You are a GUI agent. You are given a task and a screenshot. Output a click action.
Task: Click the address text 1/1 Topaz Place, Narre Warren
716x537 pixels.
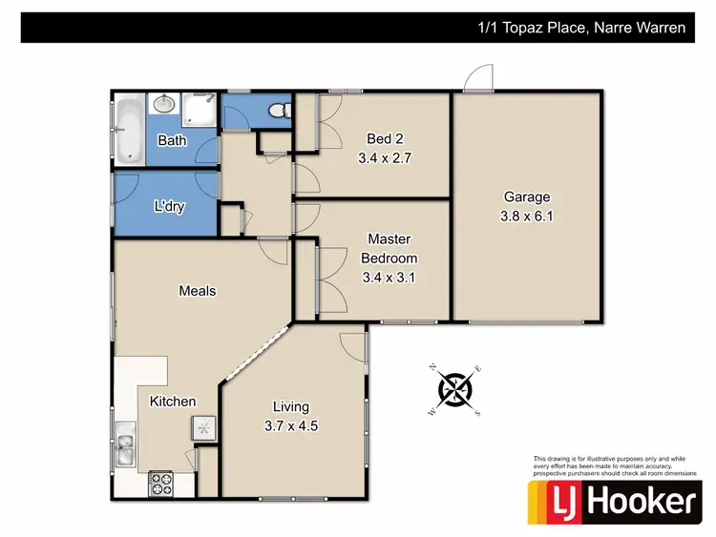pos(581,28)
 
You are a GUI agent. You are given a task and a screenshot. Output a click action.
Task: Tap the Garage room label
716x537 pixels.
pos(527,197)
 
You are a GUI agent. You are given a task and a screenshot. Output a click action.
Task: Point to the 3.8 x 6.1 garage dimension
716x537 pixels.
pos(527,216)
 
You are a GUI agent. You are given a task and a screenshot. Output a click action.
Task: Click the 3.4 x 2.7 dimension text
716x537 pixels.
pos(384,158)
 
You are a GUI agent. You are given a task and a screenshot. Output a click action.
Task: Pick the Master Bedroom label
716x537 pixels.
pos(389,249)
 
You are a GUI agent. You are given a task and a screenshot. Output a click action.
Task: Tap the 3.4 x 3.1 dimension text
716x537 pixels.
pos(389,279)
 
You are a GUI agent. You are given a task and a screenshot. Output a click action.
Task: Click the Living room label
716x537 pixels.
pos(291,407)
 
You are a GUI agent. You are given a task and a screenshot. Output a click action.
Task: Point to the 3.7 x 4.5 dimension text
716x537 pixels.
pos(291,426)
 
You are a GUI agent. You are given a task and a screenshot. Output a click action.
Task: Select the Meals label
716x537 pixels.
pos(198,291)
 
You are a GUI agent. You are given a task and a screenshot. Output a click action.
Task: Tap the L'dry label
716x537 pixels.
pos(169,206)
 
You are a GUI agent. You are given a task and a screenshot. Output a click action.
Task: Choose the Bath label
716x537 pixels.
pos(172,140)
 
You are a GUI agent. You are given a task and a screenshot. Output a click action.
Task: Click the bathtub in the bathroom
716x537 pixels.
pos(127,127)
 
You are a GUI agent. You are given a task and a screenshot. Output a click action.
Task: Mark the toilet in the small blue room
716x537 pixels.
pos(278,112)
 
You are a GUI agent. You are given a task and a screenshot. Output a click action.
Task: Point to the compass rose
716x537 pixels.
pos(456,389)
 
